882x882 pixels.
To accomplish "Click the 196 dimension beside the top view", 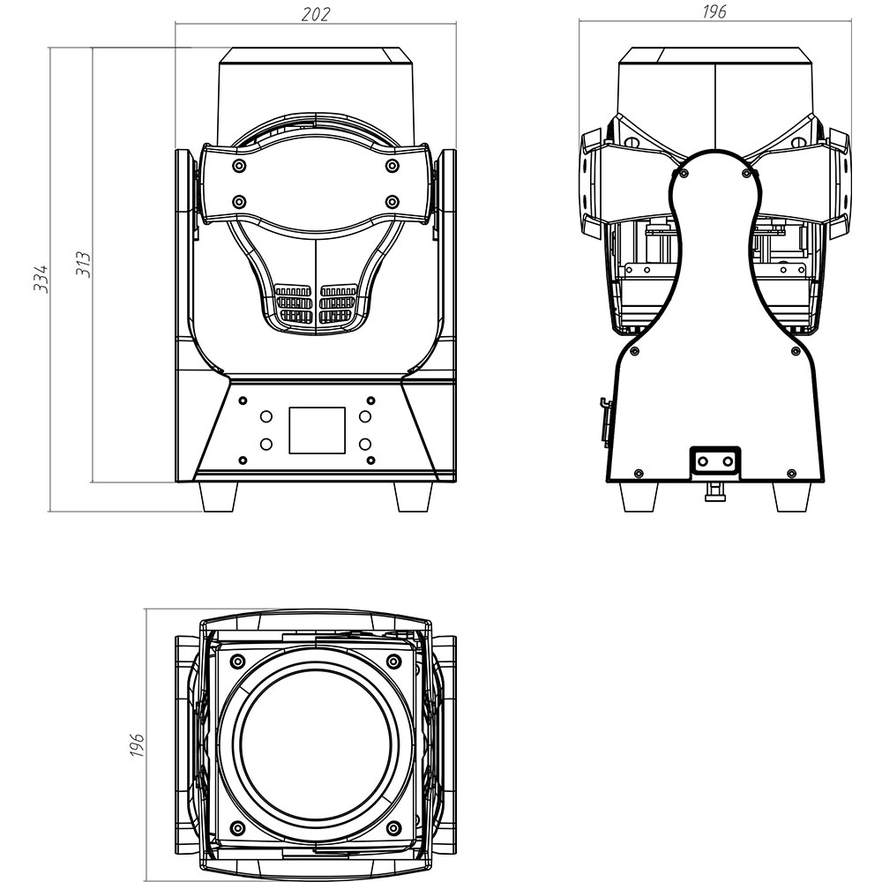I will tap(137, 744).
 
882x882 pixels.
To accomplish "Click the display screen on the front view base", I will tap(317, 430).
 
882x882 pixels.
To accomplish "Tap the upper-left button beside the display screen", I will tap(266, 415).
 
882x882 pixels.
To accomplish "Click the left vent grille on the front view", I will tap(294, 303).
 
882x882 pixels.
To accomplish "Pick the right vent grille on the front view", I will tap(338, 303).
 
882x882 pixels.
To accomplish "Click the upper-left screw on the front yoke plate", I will tap(239, 166).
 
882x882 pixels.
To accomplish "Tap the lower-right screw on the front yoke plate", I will tap(392, 202).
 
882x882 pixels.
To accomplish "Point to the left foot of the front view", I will tap(220, 497).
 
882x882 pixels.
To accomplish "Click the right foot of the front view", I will tap(413, 497).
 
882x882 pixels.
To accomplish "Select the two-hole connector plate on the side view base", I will tap(715, 460).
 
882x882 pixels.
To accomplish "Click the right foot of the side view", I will tap(791, 497).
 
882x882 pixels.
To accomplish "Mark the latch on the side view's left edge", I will tap(606, 421).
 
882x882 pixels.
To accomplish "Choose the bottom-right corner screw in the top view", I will tap(393, 827).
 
